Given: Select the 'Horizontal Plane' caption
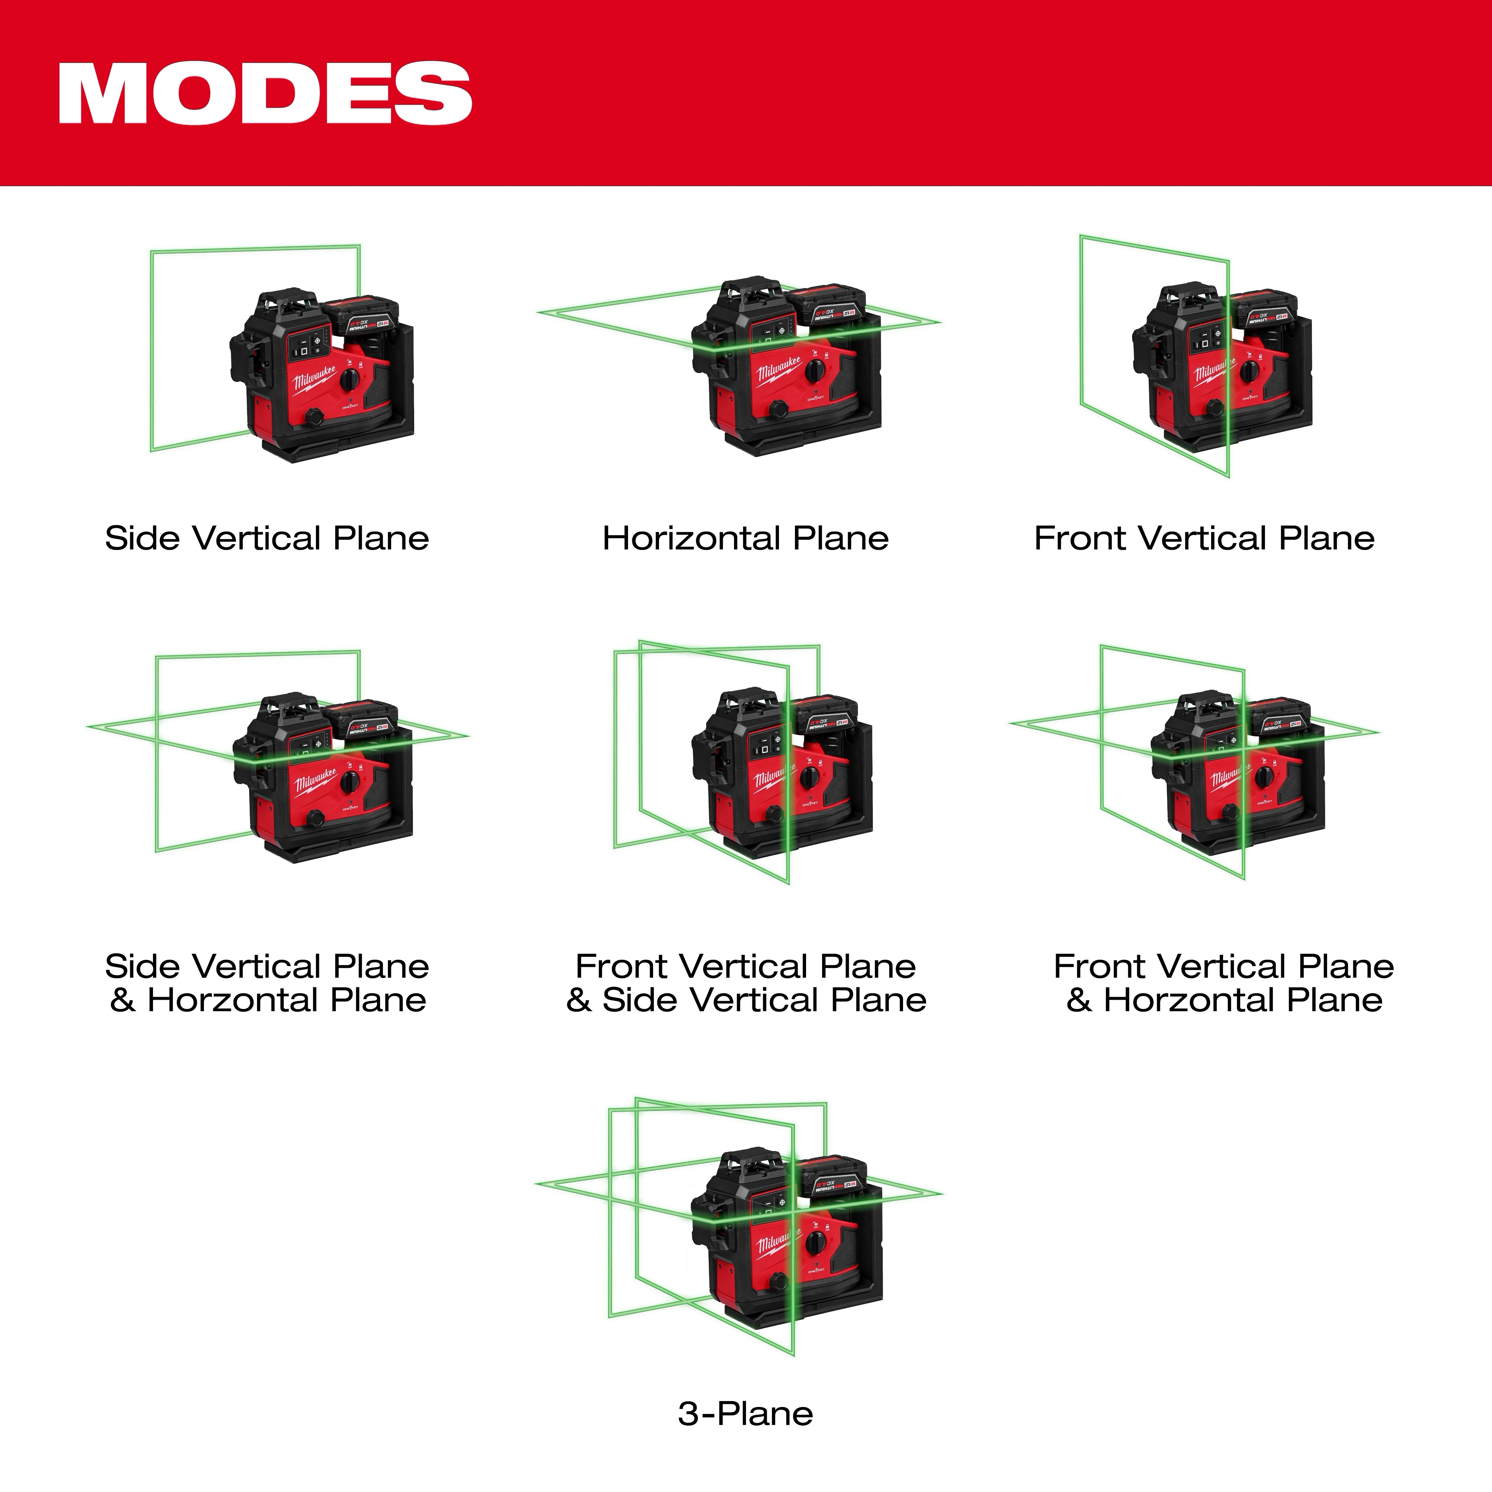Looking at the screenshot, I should [745, 538].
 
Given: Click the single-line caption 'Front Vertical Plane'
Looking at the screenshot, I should [1204, 538].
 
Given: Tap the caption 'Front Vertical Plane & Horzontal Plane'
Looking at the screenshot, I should [1224, 983].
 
